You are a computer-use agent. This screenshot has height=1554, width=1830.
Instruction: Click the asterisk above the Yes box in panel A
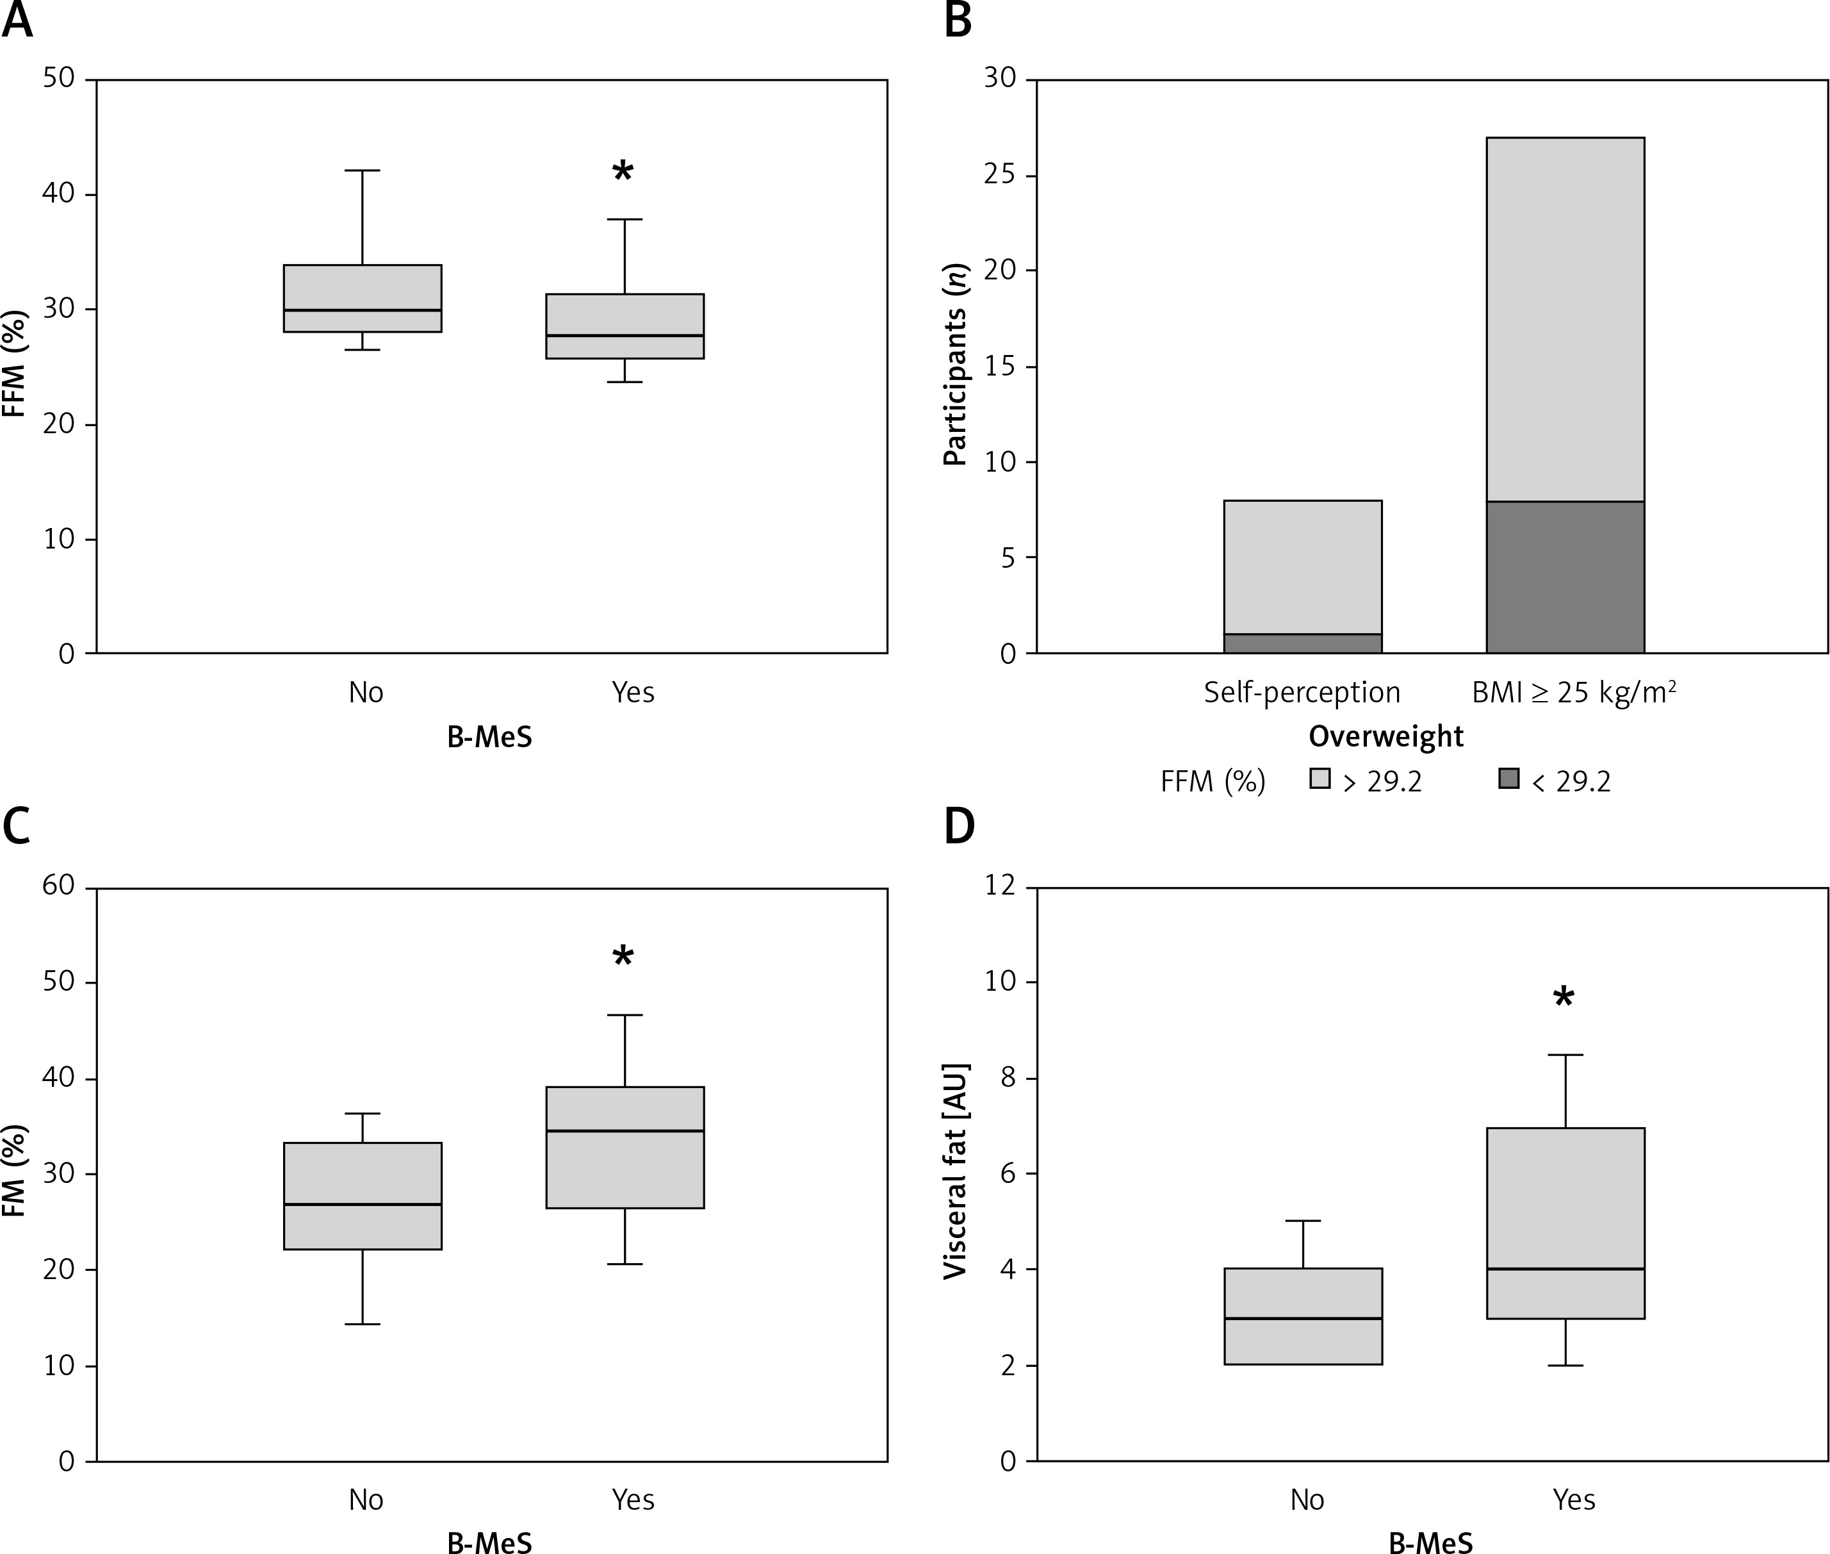coord(623,171)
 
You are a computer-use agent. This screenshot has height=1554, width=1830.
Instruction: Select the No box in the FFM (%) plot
coord(362,299)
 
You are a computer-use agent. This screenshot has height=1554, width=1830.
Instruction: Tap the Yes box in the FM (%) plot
coord(625,1147)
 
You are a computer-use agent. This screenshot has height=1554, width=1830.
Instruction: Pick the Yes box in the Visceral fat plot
coord(1565,1223)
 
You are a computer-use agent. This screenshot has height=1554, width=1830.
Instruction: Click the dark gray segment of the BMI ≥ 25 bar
coord(1565,577)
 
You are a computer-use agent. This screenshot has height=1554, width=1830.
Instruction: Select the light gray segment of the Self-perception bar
coord(1302,567)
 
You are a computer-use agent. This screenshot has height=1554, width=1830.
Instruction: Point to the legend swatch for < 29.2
coord(1508,778)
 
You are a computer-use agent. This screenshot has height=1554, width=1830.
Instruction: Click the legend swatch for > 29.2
coord(1319,778)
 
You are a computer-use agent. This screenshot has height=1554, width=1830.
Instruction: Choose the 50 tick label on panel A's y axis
coord(58,78)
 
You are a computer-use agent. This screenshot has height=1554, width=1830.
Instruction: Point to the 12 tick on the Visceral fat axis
coord(999,886)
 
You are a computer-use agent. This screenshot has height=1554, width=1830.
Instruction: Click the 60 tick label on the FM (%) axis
coord(58,886)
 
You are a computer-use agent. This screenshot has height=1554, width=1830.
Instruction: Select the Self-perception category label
coord(1302,693)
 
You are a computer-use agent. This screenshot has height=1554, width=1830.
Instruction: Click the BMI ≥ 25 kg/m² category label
coord(1574,693)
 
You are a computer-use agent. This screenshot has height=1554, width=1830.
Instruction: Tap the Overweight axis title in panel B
coord(1385,736)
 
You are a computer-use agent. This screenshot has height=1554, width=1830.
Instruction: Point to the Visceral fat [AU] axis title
coord(956,1171)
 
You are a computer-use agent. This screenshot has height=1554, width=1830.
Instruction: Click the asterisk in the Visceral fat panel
coord(1563,998)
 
